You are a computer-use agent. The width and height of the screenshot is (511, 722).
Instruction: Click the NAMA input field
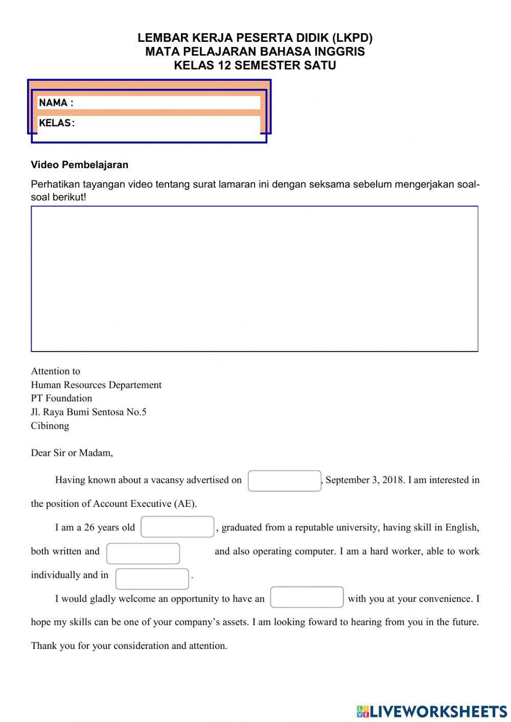click(x=166, y=103)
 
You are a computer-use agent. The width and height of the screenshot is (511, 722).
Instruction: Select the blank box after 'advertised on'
click(x=284, y=481)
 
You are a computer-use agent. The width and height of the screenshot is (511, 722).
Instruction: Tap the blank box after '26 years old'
click(x=177, y=527)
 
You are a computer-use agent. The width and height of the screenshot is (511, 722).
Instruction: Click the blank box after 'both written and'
click(x=143, y=553)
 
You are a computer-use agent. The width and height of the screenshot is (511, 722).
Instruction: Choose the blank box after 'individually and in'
click(x=152, y=579)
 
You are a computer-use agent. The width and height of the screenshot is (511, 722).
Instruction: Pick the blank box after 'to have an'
click(x=307, y=597)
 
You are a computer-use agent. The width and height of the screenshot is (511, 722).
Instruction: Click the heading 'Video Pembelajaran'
click(x=80, y=165)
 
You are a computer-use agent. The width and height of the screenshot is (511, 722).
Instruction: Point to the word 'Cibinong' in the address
click(x=50, y=426)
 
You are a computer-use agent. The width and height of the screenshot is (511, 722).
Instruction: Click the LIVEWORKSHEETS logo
click(x=431, y=711)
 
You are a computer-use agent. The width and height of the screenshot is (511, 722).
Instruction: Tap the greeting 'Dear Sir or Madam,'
click(x=72, y=453)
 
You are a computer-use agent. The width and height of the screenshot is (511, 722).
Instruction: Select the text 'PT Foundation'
click(x=61, y=398)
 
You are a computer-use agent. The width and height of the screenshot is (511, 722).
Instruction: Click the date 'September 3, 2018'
click(x=364, y=480)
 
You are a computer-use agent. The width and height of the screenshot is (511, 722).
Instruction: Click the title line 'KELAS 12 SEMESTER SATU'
click(x=255, y=65)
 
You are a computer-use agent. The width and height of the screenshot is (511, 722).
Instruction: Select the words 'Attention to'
click(x=56, y=371)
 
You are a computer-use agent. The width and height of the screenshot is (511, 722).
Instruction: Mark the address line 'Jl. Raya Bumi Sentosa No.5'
click(x=88, y=412)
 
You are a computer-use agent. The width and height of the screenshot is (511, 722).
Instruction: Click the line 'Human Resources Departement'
click(x=96, y=385)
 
